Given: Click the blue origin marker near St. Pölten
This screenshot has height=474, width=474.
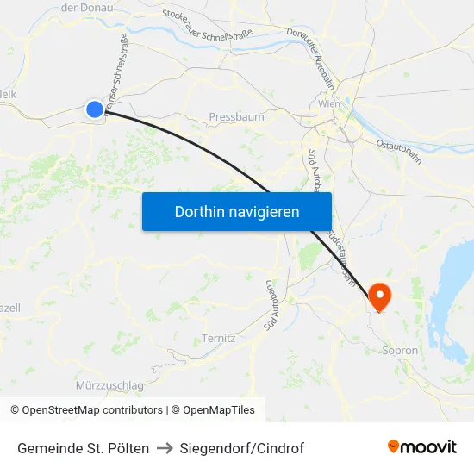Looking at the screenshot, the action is click(95, 109).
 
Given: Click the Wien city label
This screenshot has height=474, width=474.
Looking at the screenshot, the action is click(329, 104).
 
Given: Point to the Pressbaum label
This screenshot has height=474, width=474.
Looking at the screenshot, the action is click(236, 116).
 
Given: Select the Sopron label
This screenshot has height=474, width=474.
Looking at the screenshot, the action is click(400, 351).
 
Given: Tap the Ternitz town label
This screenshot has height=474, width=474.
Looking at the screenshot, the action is click(218, 338).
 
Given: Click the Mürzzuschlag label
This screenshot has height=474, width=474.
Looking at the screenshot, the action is click(109, 384).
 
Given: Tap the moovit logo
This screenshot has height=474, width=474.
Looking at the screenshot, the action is click(422, 446).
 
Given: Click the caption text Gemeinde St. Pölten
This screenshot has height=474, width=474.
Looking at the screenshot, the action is click(83, 448).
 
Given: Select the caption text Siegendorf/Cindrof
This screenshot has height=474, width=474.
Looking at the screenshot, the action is click(242, 448).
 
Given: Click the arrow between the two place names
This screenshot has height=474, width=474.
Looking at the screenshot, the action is click(165, 448).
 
